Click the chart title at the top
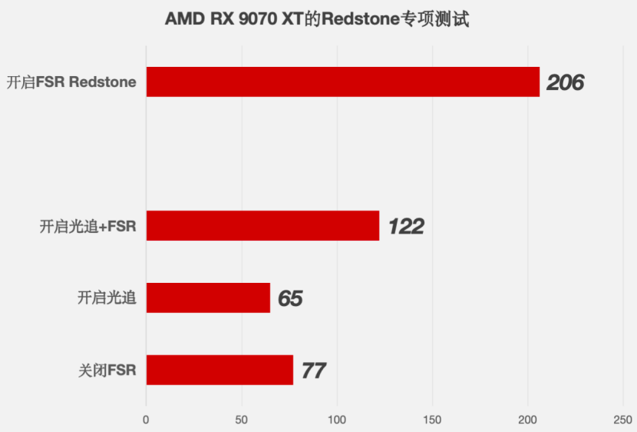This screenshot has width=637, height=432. tap(317, 19)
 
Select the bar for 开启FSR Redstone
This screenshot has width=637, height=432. tap(343, 81)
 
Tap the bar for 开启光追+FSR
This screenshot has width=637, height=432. tap(262, 226)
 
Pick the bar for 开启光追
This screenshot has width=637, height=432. tap(209, 297)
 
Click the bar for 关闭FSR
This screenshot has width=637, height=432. tap(219, 370)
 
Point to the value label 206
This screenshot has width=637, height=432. tap(565, 82)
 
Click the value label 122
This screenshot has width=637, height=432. tap(406, 227)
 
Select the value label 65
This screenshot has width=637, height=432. tap(290, 298)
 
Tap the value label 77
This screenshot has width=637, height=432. tap(314, 371)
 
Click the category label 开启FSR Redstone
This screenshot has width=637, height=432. tap(71, 82)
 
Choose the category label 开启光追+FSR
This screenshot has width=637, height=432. tap(87, 226)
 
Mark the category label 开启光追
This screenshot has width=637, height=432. tap(107, 298)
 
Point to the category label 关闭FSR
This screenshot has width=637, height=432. tap(107, 371)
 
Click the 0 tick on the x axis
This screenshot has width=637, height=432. tap(146, 420)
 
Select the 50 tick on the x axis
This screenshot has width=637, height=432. tap(241, 420)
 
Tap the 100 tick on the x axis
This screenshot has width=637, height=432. tap(337, 420)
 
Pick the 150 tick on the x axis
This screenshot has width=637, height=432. tap(432, 420)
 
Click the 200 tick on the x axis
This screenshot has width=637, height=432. tap(528, 420)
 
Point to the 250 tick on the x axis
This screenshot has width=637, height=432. tap(622, 420)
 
